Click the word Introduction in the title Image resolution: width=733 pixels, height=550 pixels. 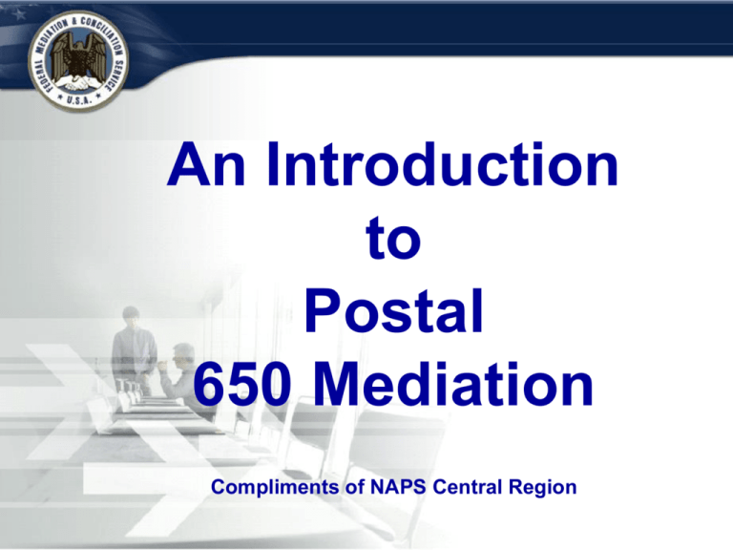pyautogui.click(x=443, y=164)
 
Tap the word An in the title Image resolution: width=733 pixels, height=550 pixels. pyautogui.click(x=206, y=164)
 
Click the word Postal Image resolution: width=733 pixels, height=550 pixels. pyautogui.click(x=393, y=310)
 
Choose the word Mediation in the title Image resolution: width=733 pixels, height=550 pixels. pyautogui.click(x=452, y=384)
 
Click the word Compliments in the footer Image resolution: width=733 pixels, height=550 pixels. pyautogui.click(x=275, y=487)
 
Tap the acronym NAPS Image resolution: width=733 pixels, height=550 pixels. pyautogui.click(x=398, y=487)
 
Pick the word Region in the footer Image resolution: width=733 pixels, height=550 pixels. pyautogui.click(x=542, y=488)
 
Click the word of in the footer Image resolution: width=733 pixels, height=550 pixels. pyautogui.click(x=355, y=487)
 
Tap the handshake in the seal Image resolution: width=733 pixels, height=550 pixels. pyautogui.click(x=77, y=84)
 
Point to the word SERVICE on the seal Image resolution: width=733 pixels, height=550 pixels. pyautogui.click(x=115, y=74)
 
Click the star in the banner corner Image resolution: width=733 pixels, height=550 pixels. pyautogui.click(x=19, y=15)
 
